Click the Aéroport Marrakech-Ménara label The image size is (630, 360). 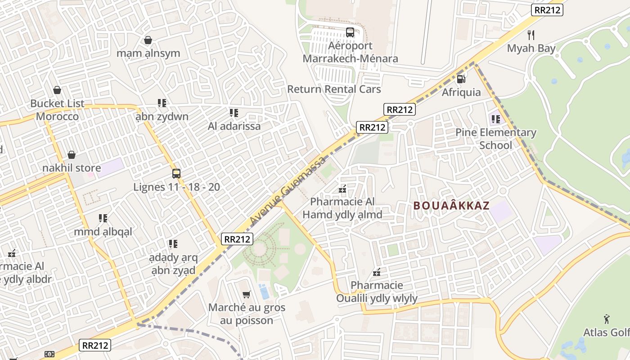(x=350, y=52)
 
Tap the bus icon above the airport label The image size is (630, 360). (x=350, y=32)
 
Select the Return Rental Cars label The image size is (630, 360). (x=334, y=89)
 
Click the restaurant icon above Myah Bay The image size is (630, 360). (x=531, y=35)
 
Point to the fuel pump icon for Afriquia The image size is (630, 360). (x=461, y=79)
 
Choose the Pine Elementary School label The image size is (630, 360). (x=495, y=139)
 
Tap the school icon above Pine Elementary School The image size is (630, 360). (x=495, y=119)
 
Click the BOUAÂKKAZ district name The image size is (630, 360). (x=451, y=206)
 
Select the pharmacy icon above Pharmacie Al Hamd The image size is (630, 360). (x=342, y=189)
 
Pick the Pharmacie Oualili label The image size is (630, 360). (x=377, y=292)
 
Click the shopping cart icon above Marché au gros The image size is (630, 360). (x=246, y=294)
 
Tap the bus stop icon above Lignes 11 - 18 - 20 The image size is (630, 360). (x=176, y=173)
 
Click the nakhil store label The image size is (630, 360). (x=72, y=168)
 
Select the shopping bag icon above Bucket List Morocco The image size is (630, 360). (x=57, y=90)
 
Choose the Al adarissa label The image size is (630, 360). (x=234, y=126)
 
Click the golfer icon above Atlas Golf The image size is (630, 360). (x=607, y=319)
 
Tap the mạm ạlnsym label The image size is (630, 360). (x=148, y=53)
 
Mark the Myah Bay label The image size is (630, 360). (x=531, y=48)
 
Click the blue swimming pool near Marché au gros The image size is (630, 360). (x=264, y=292)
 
